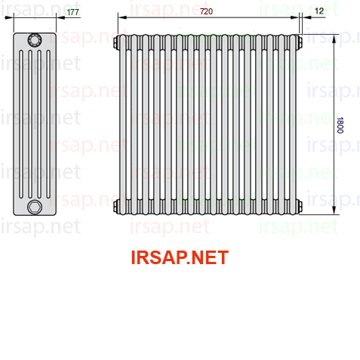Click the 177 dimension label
[x=73, y=12]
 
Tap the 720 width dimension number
[x=206, y=11]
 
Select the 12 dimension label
[x=319, y=11]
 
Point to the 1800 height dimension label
[x=340, y=125]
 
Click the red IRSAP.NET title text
[x=180, y=257]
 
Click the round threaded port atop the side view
[x=35, y=40]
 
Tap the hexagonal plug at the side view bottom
[x=35, y=207]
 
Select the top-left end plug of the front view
[x=115, y=42]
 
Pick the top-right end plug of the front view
[x=300, y=42]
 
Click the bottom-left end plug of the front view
[x=115, y=206]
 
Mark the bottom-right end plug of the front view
[x=300, y=206]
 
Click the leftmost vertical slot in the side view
[x=21, y=125]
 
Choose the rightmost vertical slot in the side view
[x=48, y=125]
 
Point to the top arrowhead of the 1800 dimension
[x=334, y=38]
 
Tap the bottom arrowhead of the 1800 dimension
[x=334, y=211]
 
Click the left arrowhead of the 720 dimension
[x=122, y=17]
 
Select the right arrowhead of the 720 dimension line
[x=294, y=17]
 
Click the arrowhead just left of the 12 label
[x=306, y=17]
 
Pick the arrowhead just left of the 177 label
[x=60, y=17]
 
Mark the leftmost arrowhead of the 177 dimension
[x=9, y=17]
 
